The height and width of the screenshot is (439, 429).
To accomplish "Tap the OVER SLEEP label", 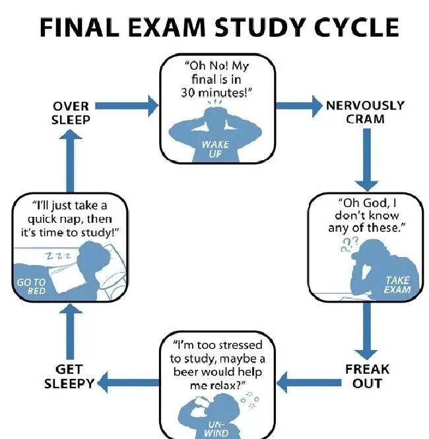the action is point(71,113).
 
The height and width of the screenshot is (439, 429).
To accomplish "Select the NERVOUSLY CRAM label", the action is point(365,112).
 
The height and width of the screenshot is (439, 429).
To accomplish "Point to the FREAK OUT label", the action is point(367,376).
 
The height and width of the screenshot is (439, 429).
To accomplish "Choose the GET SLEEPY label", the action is point(69,376).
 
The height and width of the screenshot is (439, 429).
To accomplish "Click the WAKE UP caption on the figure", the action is point(216,149).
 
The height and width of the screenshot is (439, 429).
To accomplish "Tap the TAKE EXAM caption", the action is point(397,285).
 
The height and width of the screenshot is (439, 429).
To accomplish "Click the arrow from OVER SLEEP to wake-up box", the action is point(129,104).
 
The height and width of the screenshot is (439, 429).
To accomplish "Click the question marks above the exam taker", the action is point(347,245).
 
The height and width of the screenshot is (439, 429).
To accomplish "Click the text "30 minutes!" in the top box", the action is point(214,92).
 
